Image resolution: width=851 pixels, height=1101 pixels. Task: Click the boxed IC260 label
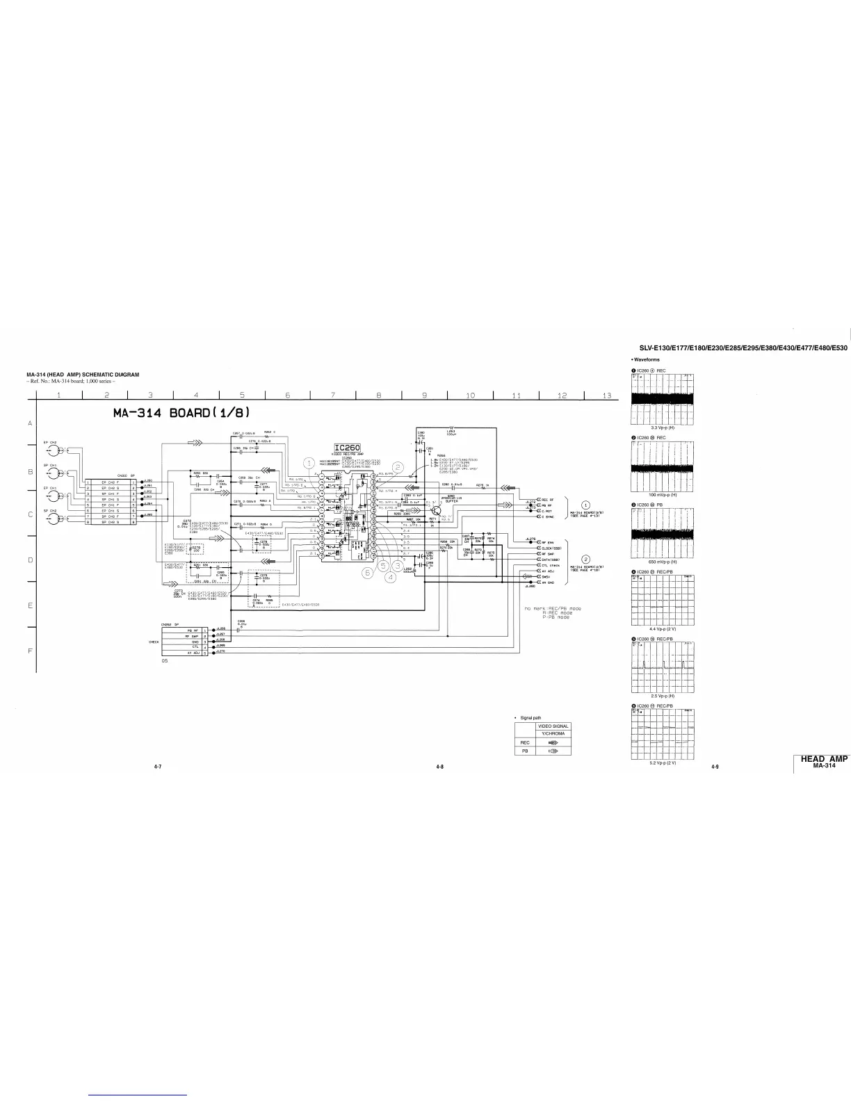coord(346,448)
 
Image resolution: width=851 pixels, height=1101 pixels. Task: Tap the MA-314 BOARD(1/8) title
coord(181,413)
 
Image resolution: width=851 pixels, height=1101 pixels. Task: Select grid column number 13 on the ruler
coord(607,395)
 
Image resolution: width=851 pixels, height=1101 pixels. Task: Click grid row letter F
coord(30,651)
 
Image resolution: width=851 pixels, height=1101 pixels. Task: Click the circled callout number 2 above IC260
coord(398,466)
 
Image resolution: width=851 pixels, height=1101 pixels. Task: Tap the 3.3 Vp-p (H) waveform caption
coord(658,428)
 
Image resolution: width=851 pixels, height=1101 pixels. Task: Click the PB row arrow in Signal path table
coord(553,751)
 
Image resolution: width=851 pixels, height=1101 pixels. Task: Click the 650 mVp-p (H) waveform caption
coord(657,561)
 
